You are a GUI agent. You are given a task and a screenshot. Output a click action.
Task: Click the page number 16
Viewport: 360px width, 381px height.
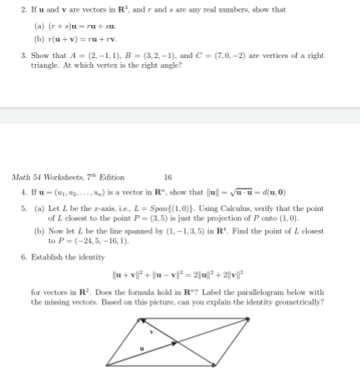point(168,177)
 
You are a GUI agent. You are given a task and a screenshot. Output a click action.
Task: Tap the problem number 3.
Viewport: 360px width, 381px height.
point(22,56)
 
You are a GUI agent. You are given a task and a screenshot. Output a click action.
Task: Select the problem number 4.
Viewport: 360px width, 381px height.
point(22,190)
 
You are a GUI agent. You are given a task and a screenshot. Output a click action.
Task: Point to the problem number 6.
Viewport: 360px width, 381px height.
point(22,258)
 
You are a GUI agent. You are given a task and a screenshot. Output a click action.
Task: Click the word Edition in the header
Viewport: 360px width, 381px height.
point(111,177)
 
